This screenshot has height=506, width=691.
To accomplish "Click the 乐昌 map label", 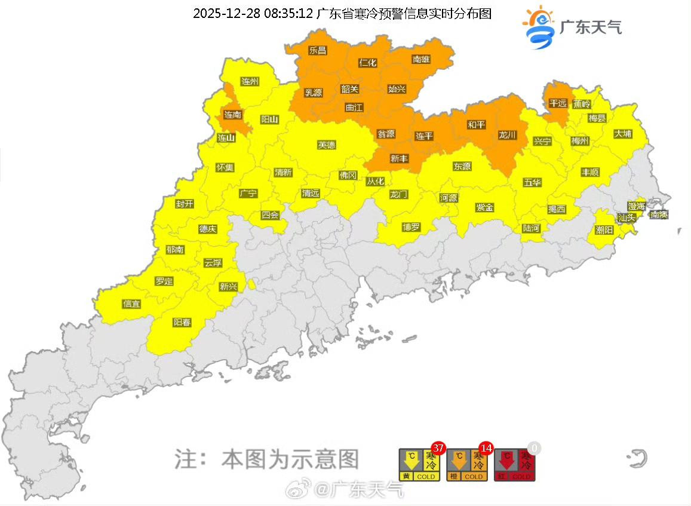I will coord(318,50).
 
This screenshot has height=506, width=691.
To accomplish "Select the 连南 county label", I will coord(233,114).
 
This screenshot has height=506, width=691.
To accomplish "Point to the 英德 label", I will coord(327,145).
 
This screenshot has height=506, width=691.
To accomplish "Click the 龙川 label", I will coord(507,135).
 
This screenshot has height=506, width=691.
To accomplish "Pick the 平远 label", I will coord(558,103).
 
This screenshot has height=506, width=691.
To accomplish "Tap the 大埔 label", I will coord(622,134).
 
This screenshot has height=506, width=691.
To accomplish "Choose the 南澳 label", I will coord(659,214).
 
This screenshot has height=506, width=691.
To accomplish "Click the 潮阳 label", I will coord(604,229).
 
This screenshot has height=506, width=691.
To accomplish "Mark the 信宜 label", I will coord(131,303).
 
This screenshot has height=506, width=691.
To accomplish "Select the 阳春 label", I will coord(182,322).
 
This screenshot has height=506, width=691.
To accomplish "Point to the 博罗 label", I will coord(411,227).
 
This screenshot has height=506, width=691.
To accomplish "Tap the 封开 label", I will coord(185,204).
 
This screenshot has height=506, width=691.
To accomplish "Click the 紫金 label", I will coord(484,207).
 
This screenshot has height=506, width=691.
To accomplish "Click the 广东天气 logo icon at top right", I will coord(539,27).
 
